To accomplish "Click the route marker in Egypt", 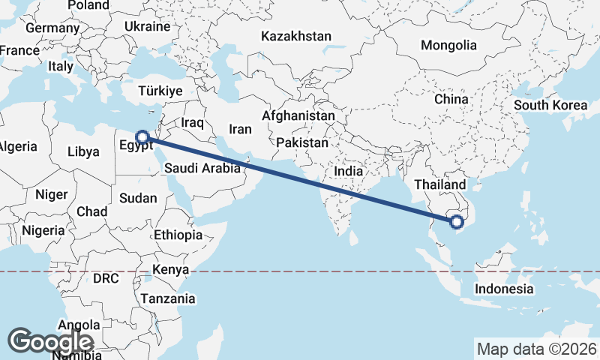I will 142,137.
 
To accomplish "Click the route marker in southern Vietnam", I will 456,220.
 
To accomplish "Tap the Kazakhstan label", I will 295,36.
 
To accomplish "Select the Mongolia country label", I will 448,45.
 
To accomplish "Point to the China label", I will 451,99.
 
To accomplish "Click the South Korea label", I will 550,105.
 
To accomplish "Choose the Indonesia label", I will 505,289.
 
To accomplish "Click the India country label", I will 348,171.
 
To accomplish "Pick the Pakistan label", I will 302,142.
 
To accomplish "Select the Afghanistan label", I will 298,116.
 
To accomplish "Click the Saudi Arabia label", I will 202,168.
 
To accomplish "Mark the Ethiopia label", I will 178,235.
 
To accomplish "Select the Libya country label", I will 82,151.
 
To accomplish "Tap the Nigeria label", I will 43,230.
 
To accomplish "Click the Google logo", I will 50,341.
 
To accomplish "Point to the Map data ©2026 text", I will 536,349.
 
